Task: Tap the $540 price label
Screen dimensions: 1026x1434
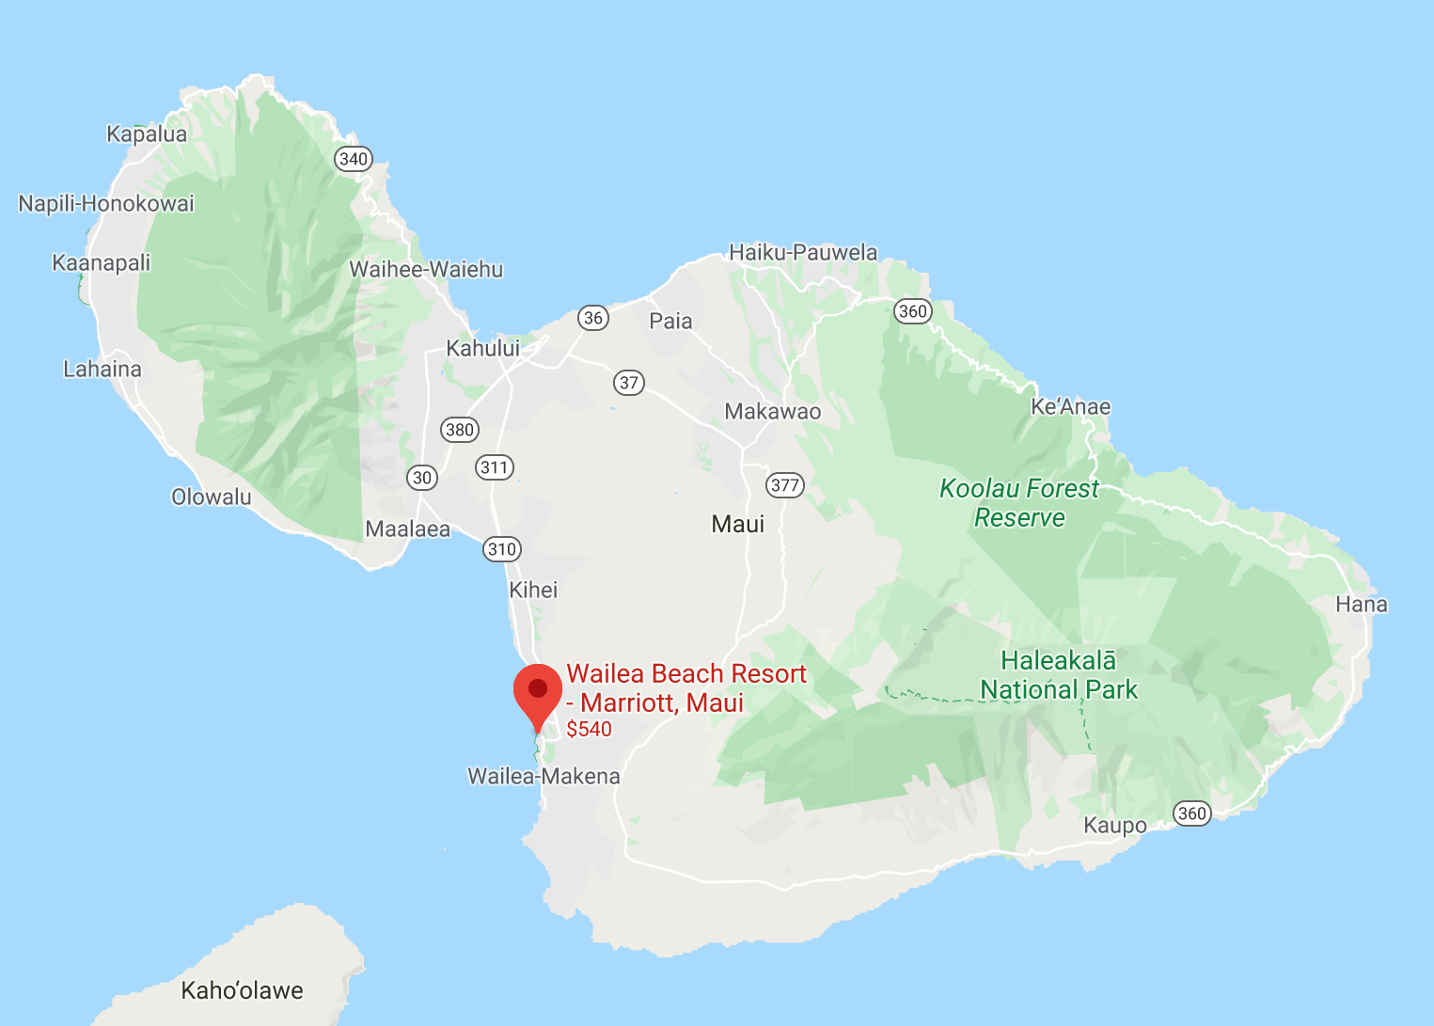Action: [x=589, y=729]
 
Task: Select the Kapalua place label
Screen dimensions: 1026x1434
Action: [x=147, y=134]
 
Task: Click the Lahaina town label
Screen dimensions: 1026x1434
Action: [x=102, y=369]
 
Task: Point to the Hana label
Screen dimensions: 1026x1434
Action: [x=1361, y=604]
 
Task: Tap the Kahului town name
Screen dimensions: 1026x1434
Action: [x=482, y=348]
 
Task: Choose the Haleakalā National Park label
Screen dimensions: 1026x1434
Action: [x=1059, y=675]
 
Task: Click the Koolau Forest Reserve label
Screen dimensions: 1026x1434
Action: [x=1019, y=503]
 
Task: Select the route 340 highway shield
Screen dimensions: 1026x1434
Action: [x=354, y=159]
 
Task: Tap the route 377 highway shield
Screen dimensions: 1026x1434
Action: [x=785, y=485]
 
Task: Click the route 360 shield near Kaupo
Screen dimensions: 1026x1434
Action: [x=1191, y=813]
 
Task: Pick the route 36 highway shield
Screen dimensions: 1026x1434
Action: [x=593, y=318]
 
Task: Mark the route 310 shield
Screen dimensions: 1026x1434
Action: [x=502, y=549]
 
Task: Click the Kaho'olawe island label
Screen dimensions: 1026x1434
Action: [x=242, y=990]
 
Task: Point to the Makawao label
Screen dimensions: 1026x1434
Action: [x=772, y=411]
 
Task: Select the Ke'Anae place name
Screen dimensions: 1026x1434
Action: [x=1070, y=406]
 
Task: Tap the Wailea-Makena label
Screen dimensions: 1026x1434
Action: [x=544, y=776]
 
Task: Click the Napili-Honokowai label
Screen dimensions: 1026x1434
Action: [x=106, y=203]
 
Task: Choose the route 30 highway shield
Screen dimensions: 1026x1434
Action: [x=422, y=478]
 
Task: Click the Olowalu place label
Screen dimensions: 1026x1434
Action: [x=212, y=497]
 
